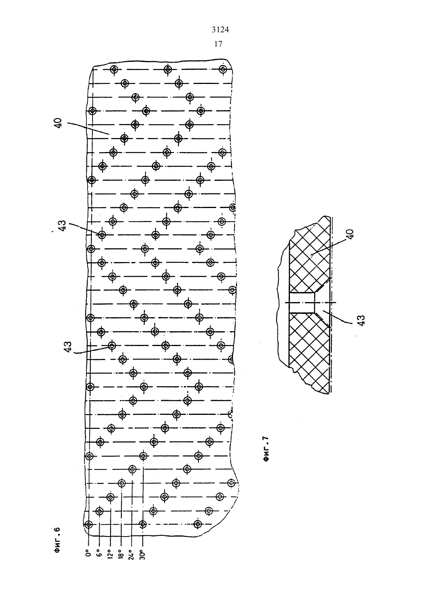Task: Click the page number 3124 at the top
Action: (220, 30)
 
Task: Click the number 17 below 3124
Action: (218, 44)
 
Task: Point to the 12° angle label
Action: (110, 554)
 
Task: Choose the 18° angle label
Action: (121, 554)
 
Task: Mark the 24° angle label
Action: (132, 554)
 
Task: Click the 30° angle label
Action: (143, 554)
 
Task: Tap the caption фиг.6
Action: (57, 541)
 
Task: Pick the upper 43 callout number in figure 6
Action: (62, 226)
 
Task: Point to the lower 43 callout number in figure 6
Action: (68, 347)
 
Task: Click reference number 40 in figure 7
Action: (350, 234)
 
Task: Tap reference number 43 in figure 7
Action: (361, 320)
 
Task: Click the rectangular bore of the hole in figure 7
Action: (302, 303)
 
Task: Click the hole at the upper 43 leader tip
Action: (102, 235)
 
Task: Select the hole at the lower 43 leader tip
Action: (112, 345)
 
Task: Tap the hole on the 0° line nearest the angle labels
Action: (88, 525)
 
